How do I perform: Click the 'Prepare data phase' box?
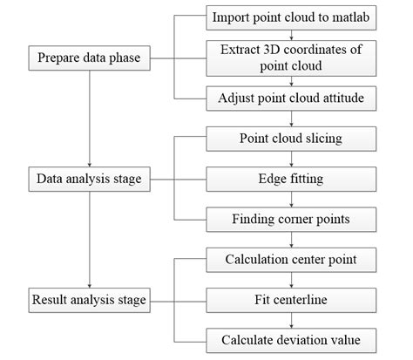click(91, 58)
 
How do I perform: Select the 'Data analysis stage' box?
click(91, 180)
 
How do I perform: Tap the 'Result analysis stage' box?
click(91, 301)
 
